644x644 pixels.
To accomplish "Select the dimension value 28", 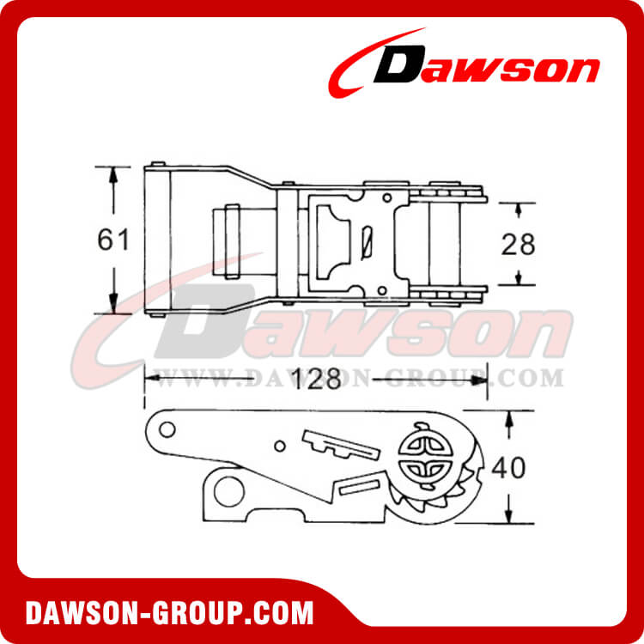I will tap(518, 245).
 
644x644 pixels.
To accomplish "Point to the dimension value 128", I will tap(314, 379).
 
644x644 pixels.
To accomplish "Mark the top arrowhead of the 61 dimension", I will tap(112, 172).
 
